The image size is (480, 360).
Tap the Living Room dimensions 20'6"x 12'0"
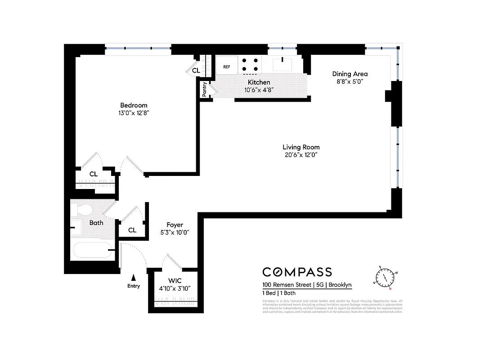click(301, 155)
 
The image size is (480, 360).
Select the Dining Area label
click(350, 74)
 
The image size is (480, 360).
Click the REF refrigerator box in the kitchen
click(227, 67)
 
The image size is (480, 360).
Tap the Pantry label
click(205, 89)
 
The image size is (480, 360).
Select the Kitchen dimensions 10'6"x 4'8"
click(259, 90)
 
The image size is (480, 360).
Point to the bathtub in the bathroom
click(91, 251)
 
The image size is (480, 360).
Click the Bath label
click(96, 223)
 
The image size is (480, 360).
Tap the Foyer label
click(175, 225)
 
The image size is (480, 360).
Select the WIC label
click(175, 280)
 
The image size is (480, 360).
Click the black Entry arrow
click(133, 278)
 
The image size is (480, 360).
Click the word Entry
click(134, 286)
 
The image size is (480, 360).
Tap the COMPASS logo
click(297, 272)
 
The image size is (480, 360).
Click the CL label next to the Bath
click(132, 230)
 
